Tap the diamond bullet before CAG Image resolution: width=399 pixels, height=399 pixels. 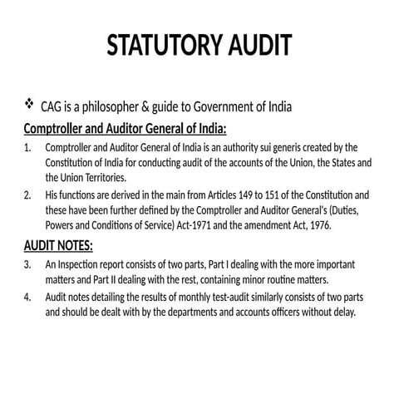pos(30,105)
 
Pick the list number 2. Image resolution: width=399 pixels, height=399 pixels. pos(27,195)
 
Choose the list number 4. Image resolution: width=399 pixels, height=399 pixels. pos(27,297)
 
